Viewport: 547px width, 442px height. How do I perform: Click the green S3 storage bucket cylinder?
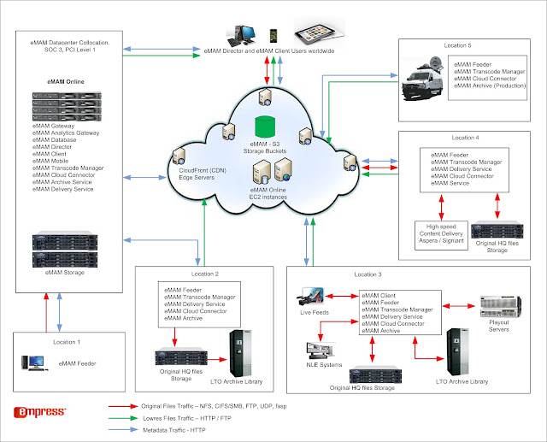click(265, 127)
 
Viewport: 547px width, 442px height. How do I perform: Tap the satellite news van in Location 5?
click(422, 80)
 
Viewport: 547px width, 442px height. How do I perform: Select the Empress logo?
click(40, 412)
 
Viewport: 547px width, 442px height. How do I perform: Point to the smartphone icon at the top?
click(273, 36)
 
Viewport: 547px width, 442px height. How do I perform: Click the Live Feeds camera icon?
click(311, 298)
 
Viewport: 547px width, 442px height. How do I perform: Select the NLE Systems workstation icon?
click(321, 351)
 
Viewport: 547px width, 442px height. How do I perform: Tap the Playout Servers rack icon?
click(500, 307)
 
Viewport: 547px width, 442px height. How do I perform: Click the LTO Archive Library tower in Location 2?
click(240, 353)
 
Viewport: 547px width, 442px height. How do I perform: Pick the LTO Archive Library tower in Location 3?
click(458, 352)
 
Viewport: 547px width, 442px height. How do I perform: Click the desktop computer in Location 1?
click(33, 362)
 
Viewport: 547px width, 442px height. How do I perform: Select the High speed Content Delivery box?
click(441, 235)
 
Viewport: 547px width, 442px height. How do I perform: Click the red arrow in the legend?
click(123, 406)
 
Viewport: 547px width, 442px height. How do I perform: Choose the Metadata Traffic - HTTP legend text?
click(174, 430)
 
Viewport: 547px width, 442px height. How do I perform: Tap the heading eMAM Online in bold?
click(66, 81)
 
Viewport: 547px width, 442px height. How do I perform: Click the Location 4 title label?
click(465, 138)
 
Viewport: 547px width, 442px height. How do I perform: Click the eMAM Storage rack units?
click(65, 250)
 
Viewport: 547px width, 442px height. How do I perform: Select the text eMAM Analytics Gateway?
click(66, 133)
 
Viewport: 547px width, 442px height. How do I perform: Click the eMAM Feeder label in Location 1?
click(77, 363)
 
